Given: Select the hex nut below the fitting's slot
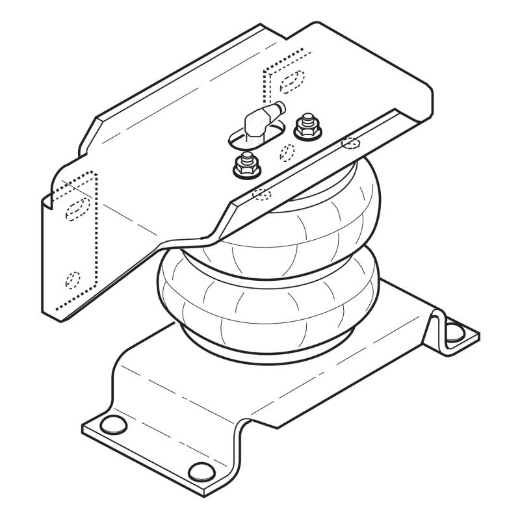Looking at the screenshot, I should point(245,166).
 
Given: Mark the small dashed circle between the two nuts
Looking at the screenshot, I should point(287,152).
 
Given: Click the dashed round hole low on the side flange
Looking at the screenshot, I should point(72,280).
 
